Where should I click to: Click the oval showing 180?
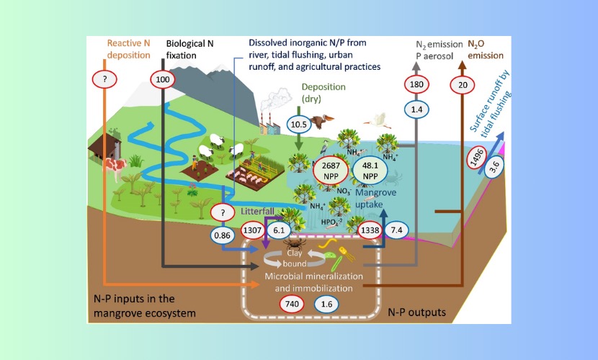point(416,85)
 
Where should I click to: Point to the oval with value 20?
point(462,85)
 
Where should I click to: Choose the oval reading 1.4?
point(416,109)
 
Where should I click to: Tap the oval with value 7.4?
point(396,230)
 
